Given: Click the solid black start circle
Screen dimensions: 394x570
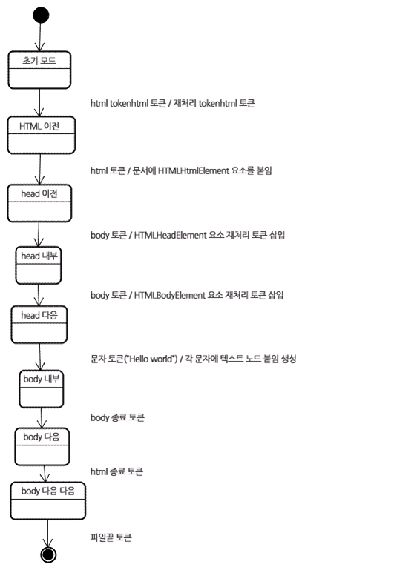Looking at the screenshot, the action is pos(41,16).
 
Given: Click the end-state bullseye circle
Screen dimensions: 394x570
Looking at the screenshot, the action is pos(48,554).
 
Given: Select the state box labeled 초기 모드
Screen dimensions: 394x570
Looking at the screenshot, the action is pos(39,70).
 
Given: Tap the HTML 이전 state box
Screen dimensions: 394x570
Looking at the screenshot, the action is pos(41,135).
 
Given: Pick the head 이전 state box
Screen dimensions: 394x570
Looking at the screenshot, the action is pos(39,203).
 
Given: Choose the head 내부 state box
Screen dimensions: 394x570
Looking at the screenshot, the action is pos(38,265).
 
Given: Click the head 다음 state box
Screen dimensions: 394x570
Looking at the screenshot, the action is pos(39,325).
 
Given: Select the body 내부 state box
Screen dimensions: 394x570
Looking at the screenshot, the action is pos(41,389).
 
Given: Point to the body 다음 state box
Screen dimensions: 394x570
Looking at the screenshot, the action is pos(42,447).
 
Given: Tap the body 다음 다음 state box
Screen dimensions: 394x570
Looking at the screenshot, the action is pos(47,501).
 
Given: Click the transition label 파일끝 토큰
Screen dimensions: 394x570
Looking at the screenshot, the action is pos(111,537).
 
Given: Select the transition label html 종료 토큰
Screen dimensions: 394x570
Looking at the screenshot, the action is pos(116,471).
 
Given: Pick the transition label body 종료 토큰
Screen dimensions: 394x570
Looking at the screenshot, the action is pos(117,417).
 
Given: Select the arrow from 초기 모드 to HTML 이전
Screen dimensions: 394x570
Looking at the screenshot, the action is pos(39,102).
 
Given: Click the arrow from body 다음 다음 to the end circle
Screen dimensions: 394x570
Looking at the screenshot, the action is pos(47,533).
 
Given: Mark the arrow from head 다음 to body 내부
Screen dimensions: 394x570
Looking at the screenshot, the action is pos(40,357).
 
